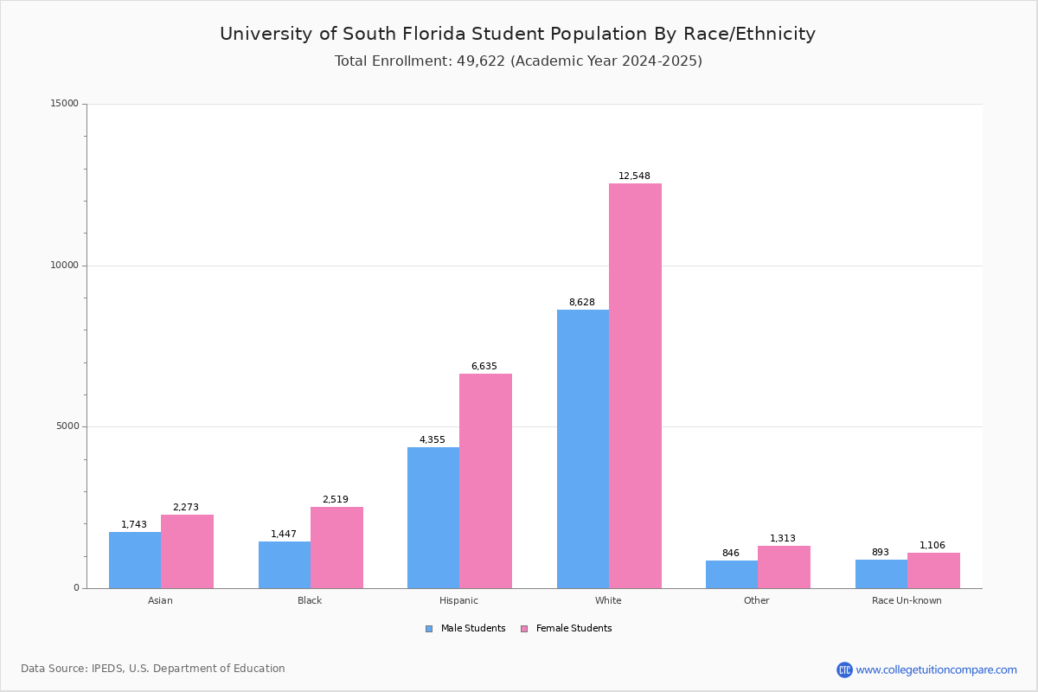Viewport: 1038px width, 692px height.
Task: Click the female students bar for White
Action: coord(635,386)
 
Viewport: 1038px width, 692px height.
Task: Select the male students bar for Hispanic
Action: coord(433,517)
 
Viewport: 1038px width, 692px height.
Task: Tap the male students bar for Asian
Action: coord(135,560)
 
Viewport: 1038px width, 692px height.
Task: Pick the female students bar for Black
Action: coord(336,548)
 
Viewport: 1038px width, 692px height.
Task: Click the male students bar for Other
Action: coord(732,574)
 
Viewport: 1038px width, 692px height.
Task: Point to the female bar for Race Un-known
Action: coord(933,570)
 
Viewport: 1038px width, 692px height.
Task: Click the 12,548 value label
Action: coord(634,176)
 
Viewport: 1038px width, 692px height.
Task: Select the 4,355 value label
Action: coord(432,440)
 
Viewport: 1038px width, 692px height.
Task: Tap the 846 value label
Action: coord(731,554)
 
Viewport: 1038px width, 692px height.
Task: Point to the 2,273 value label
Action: coord(186,508)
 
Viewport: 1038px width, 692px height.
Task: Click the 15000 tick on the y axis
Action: coord(64,104)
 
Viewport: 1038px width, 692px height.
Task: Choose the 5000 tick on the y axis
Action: coord(67,426)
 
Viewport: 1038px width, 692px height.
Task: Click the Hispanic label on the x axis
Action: coord(458,600)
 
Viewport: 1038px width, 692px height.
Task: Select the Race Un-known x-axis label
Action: coord(907,600)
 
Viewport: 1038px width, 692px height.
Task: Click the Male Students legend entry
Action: coord(472,629)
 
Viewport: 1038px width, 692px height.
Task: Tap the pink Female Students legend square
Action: coord(524,629)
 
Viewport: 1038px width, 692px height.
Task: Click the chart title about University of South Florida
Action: coord(517,35)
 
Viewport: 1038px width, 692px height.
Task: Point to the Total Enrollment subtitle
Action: coord(518,61)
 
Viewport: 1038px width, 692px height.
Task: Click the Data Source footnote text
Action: coord(153,669)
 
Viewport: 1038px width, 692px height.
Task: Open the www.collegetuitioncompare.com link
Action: coord(936,670)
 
